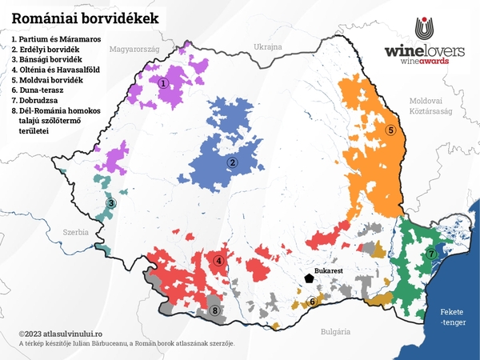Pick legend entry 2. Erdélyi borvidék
pyautogui.click(x=47, y=50)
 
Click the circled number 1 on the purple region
pyautogui.click(x=163, y=82)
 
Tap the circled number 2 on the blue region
pyautogui.click(x=232, y=163)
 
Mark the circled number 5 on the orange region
pyautogui.click(x=390, y=130)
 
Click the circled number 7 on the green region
pyautogui.click(x=431, y=254)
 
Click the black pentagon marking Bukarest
pyautogui.click(x=308, y=278)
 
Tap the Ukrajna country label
pyautogui.click(x=268, y=47)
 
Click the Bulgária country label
pyautogui.click(x=331, y=330)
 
